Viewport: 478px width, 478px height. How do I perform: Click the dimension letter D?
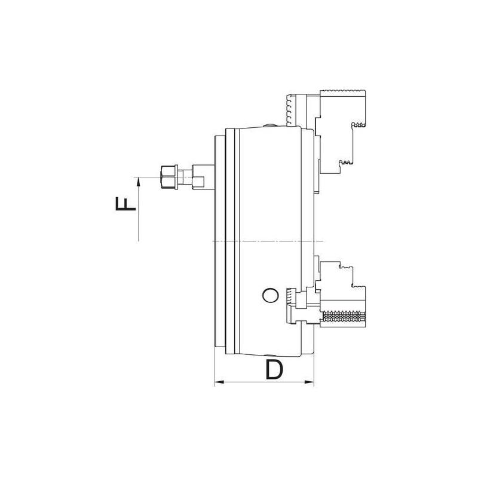point(272,370)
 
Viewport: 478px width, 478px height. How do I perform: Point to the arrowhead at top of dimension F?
point(138,182)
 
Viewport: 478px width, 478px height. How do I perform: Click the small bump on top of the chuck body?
point(266,125)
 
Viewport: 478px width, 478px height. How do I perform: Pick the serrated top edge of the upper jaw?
point(343,91)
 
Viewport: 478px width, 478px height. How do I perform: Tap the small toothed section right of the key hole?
point(290,296)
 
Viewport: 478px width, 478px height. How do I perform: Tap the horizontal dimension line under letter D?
point(263,381)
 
